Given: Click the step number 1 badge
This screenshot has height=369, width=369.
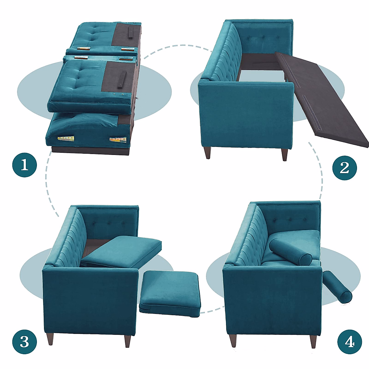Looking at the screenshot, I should pyautogui.click(x=25, y=165).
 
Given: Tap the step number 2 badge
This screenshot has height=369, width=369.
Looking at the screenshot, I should pyautogui.click(x=344, y=168).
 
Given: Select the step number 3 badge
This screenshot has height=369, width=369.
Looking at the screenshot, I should pyautogui.click(x=25, y=342).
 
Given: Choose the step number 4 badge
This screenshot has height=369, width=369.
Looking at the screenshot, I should pyautogui.click(x=350, y=342).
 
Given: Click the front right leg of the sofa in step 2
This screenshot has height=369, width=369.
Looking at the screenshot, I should pyautogui.click(x=284, y=154).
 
